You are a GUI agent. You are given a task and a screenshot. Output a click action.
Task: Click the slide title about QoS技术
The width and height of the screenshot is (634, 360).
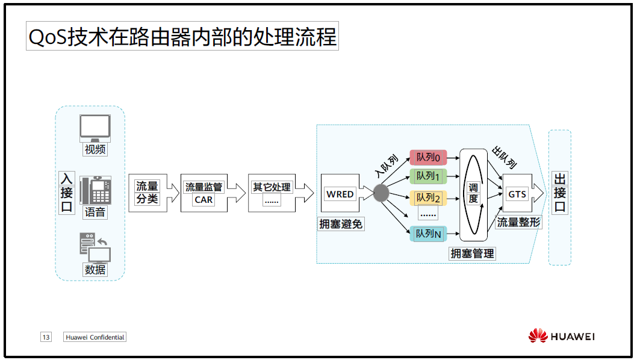click(x=182, y=37)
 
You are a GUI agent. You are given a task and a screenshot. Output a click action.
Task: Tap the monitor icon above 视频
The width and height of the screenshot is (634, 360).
click(x=95, y=129)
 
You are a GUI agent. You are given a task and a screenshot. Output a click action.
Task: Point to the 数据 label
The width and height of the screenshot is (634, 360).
click(x=95, y=270)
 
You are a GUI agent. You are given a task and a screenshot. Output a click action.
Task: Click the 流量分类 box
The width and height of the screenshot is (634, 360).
click(x=147, y=193)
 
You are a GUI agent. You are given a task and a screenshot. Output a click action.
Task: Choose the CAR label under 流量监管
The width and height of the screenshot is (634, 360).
click(x=204, y=200)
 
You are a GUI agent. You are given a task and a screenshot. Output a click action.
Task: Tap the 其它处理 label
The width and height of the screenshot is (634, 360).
click(x=272, y=187)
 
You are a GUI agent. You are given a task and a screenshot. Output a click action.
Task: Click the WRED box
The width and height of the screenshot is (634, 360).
click(x=340, y=194)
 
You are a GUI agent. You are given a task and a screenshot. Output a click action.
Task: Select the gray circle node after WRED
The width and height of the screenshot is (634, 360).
click(x=381, y=193)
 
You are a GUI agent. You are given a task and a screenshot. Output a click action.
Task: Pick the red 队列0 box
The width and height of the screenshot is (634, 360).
click(x=429, y=157)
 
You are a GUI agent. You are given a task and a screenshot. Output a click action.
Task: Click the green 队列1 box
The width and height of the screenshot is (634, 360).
click(x=429, y=176)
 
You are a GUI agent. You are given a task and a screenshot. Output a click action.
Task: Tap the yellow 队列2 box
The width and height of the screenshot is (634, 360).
click(x=429, y=197)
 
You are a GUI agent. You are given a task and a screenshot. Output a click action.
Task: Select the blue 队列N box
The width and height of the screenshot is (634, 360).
click(x=429, y=234)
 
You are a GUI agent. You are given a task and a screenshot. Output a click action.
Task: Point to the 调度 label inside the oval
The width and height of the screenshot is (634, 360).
click(x=473, y=194)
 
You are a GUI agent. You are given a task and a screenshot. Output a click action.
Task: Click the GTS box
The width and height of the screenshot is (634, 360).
click(x=517, y=194)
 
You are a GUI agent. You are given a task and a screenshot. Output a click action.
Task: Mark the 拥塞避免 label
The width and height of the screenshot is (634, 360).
click(x=341, y=224)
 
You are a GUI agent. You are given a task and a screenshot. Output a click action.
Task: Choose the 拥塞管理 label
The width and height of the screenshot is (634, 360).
click(x=473, y=253)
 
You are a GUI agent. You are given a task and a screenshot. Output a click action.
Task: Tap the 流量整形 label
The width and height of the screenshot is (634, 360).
click(x=518, y=222)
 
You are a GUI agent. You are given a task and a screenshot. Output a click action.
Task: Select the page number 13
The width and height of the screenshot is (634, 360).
click(x=46, y=337)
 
